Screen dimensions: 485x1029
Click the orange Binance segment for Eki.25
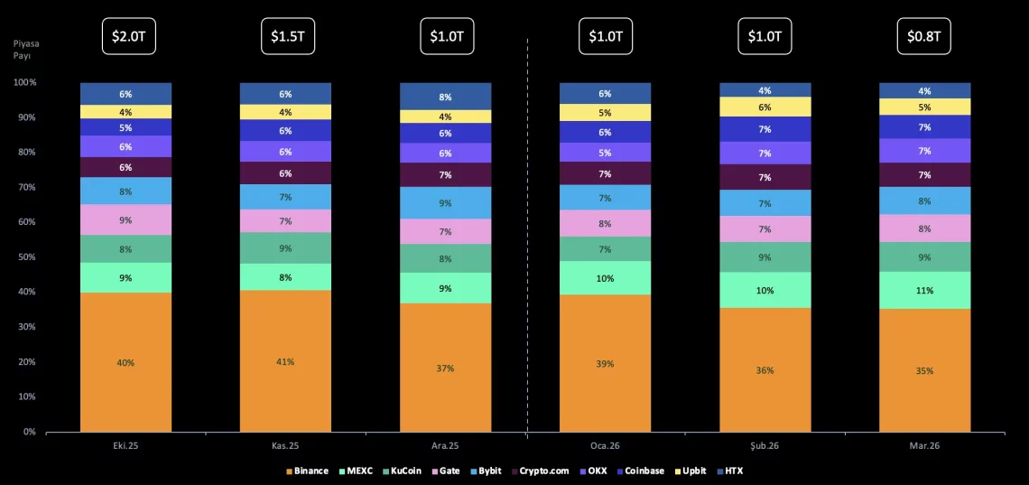tap(125, 362)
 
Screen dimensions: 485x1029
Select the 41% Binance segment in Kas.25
tap(285, 361)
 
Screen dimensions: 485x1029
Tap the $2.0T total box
tap(125, 36)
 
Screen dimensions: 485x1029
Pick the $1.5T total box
tap(286, 36)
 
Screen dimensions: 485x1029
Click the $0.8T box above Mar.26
tap(924, 36)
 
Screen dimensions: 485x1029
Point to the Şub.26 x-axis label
tap(765, 444)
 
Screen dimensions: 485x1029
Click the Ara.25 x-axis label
tap(445, 444)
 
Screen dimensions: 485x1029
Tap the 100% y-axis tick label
tap(24, 82)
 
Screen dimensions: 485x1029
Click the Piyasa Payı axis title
tap(26, 49)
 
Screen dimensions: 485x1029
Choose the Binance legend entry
tap(307, 471)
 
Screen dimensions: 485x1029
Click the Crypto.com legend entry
tap(541, 471)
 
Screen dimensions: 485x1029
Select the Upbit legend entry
tap(690, 471)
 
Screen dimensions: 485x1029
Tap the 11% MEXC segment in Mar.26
tap(924, 291)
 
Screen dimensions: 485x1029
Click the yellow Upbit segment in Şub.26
tap(765, 107)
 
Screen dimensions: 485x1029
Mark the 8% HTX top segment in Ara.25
tap(445, 97)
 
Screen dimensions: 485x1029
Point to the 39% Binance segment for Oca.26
tap(605, 363)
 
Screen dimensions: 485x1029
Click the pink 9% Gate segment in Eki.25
tap(125, 219)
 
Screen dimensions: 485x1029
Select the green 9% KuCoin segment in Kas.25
tap(285, 248)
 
